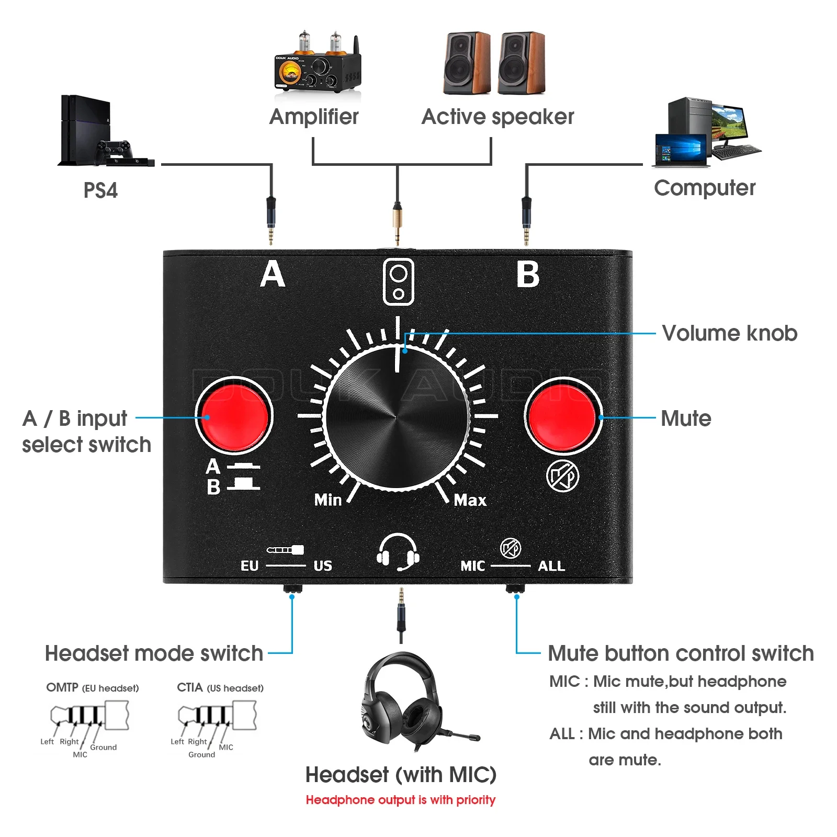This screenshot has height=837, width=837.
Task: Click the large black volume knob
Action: click(398, 416)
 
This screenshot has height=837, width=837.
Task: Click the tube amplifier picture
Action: click(317, 65)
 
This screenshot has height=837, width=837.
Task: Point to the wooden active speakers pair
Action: click(494, 63)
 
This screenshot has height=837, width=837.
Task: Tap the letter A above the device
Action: click(273, 275)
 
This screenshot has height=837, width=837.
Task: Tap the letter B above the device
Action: click(528, 275)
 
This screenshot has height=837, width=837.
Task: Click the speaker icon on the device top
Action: click(398, 282)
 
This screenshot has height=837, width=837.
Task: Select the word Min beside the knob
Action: click(328, 500)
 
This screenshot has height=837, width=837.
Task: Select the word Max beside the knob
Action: click(470, 500)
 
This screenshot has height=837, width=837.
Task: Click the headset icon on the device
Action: click(398, 552)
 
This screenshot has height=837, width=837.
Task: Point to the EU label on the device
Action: click(250, 566)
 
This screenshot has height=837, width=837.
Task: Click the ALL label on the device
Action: click(551, 566)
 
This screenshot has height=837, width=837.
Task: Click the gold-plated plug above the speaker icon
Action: click(398, 222)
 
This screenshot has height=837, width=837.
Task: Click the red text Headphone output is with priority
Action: click(400, 800)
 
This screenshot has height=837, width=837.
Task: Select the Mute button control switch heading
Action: click(680, 653)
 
